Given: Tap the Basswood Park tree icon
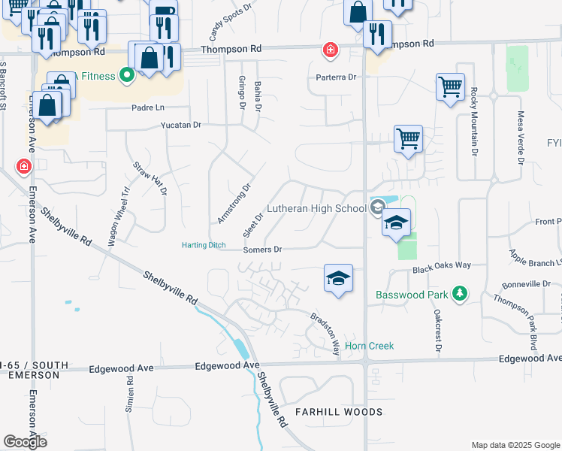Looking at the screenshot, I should point(461,294).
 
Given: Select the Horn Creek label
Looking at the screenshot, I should point(370,346).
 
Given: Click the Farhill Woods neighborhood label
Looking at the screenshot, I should point(339,412).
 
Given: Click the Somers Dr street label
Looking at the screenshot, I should point(262,250).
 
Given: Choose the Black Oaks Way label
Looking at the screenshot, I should point(441,266).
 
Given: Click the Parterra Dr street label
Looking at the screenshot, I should point(335,77).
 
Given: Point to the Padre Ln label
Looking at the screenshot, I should point(149,107).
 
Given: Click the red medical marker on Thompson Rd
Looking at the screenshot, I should point(329,50).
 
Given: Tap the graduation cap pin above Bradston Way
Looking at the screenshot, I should point(338,277).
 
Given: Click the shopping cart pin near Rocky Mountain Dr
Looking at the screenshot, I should point(449,87).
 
